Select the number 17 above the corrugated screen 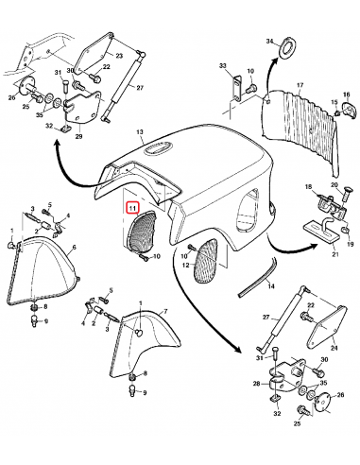(299, 86)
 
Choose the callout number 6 (75, 246)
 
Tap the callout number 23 (120, 56)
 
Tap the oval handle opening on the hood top (158, 149)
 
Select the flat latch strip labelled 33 (230, 86)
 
